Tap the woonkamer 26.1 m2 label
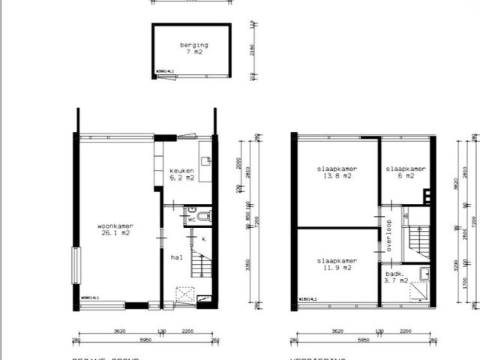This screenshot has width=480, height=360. pyautogui.click(x=115, y=229)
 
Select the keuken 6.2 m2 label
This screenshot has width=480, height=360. pyautogui.click(x=181, y=175)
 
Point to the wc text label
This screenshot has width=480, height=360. pyautogui.click(x=192, y=220)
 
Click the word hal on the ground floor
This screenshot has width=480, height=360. pyautogui.click(x=177, y=257)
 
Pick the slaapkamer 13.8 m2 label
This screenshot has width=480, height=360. pyautogui.click(x=335, y=173)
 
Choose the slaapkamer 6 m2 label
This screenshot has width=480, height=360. pyautogui.click(x=406, y=173)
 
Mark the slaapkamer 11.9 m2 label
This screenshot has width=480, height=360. pyautogui.click(x=335, y=265)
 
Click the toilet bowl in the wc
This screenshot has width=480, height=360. pyautogui.click(x=205, y=217)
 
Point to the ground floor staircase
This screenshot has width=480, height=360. pyautogui.click(x=200, y=264)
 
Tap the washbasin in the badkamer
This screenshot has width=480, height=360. pyautogui.click(x=424, y=274)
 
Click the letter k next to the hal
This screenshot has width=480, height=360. pyautogui.click(x=203, y=238)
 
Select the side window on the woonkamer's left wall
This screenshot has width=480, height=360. pyautogui.click(x=76, y=266)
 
